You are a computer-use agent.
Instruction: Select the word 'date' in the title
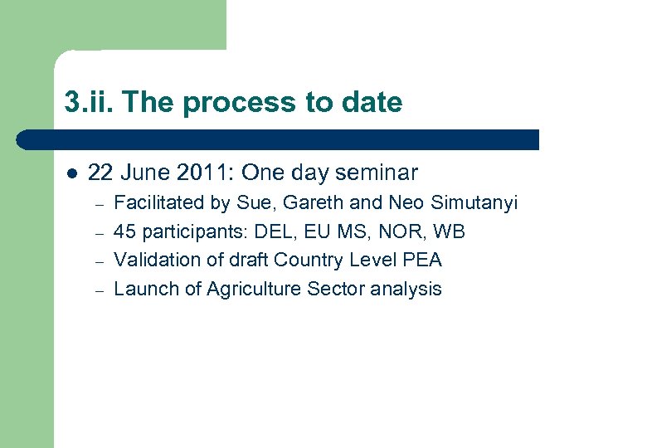(x=370, y=103)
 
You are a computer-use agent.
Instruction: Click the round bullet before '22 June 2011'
(x=71, y=174)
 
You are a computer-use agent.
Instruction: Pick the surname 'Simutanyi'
(x=474, y=202)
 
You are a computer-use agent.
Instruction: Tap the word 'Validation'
(x=152, y=261)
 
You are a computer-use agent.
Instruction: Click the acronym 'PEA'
(x=421, y=261)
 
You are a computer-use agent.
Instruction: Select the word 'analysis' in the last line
(x=406, y=290)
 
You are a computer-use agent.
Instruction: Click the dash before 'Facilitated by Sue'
(x=97, y=203)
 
